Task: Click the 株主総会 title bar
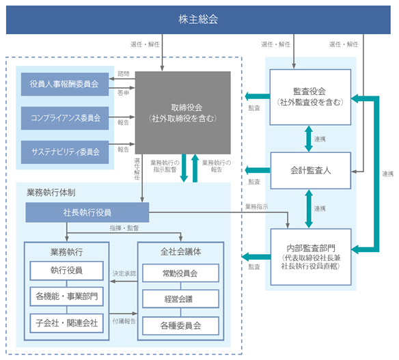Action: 198,20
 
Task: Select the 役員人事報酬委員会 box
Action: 65,84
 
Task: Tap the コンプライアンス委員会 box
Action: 65,118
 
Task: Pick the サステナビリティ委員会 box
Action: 65,152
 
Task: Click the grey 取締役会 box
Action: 183,113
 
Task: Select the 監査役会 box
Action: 310,97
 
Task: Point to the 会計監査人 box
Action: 311,171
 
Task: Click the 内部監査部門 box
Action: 311,257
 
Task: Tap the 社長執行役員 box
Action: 87,212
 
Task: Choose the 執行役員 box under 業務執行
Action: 67,271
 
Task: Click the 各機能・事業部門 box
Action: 67,296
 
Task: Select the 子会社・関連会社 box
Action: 67,323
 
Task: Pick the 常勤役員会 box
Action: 180,273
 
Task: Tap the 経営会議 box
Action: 180,299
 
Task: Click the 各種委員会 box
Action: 180,326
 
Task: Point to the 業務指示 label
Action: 256,207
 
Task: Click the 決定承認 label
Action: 124,273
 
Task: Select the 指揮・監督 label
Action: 124,228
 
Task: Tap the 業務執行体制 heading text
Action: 51,193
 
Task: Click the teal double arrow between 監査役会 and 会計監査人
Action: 309,139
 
